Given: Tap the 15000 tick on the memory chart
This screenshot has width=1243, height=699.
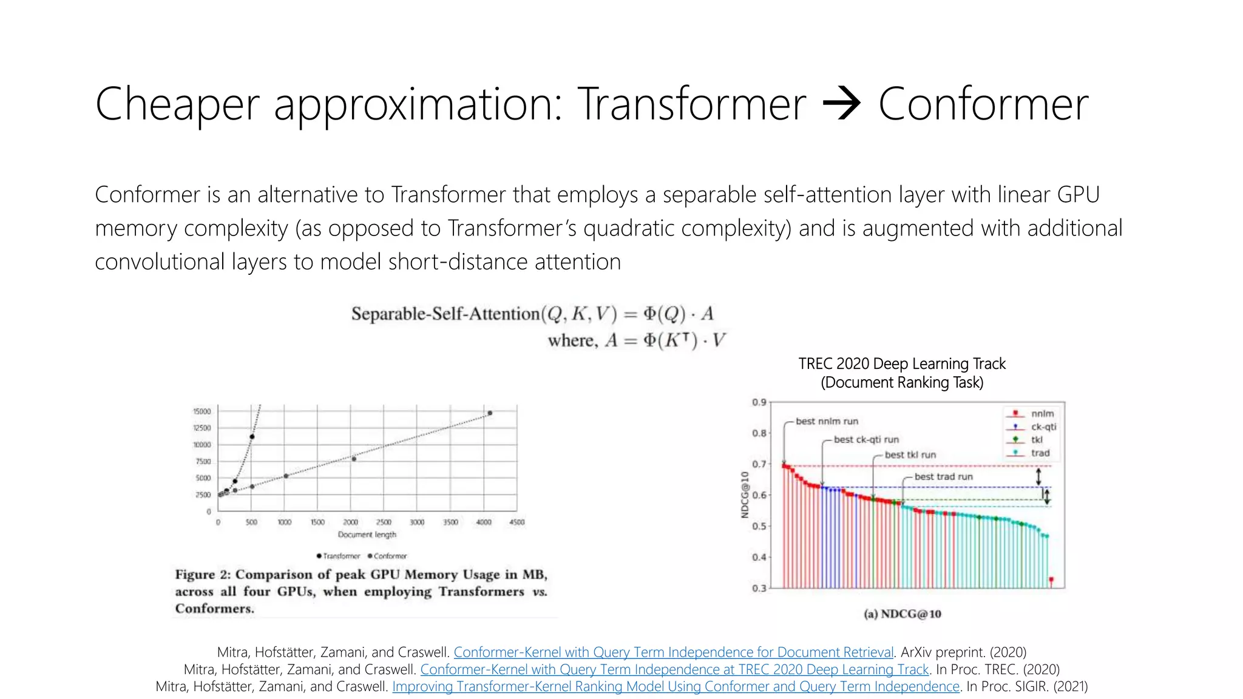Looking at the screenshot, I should [202, 411].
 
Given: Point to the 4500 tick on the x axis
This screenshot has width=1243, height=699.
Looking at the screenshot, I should [517, 522].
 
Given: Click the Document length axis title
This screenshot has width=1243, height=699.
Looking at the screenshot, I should [367, 535].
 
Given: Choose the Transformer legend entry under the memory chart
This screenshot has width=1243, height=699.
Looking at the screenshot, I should [338, 556].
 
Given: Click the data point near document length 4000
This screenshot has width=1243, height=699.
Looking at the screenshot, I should [490, 413].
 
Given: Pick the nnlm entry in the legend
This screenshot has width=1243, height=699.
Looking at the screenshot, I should [1042, 414].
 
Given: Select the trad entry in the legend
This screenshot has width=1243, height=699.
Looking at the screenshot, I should [1040, 453].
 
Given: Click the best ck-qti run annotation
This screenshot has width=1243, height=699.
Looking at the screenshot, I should [866, 439].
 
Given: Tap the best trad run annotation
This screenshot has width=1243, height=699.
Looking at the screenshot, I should [943, 477].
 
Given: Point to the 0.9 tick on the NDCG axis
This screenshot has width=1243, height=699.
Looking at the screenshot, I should [759, 402].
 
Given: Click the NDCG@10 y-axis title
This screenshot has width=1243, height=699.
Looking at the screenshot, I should [745, 495].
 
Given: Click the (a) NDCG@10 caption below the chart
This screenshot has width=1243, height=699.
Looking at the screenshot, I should [902, 614].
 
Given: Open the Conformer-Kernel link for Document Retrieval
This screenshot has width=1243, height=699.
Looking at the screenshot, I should [674, 652].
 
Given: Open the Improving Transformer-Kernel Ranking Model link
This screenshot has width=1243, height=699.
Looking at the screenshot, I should [676, 686].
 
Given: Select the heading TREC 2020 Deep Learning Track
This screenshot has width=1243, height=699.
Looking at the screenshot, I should [902, 363].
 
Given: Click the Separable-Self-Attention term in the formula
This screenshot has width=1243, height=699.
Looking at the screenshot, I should [445, 314].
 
